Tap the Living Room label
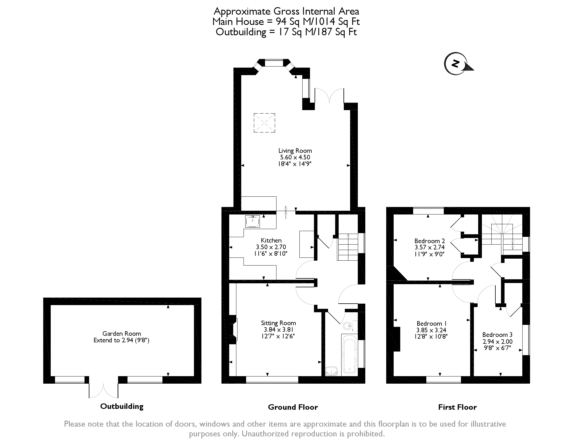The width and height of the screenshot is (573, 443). [295, 151]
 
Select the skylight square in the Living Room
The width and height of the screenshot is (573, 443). [264, 123]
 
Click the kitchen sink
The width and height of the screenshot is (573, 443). [252, 221]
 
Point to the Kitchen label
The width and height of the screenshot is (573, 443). [271, 240]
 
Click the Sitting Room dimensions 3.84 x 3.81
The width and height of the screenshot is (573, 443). [278, 330]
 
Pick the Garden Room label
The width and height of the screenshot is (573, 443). [121, 333]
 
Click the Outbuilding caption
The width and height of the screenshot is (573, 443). [122, 406]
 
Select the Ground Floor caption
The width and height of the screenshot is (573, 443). [293, 407]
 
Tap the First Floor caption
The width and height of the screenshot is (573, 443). [457, 407]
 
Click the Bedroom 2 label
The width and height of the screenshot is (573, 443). [429, 241]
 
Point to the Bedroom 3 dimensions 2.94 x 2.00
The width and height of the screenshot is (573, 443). [497, 341]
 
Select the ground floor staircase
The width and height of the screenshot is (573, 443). [348, 247]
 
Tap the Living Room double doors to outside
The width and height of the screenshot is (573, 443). [329, 96]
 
